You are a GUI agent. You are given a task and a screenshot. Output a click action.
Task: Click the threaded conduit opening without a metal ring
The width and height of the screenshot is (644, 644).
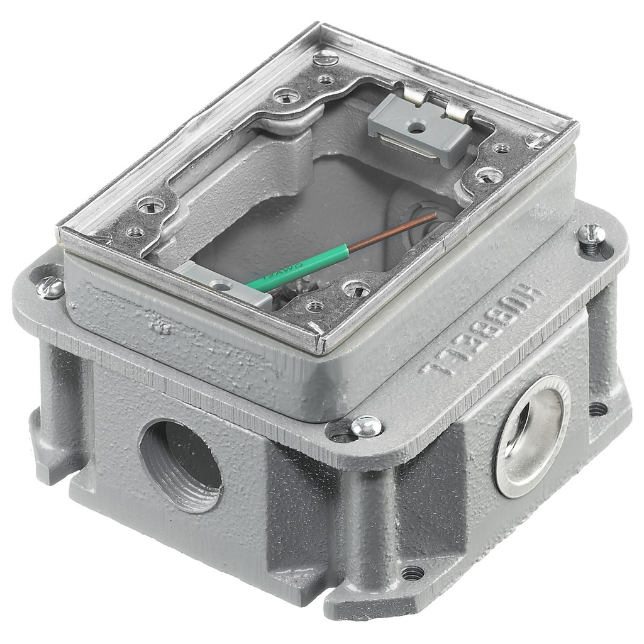[180, 465]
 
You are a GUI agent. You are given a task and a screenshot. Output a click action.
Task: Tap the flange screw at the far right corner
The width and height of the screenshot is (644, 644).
[592, 235]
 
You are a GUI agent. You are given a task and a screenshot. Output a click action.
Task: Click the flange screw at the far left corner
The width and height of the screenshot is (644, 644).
[50, 287]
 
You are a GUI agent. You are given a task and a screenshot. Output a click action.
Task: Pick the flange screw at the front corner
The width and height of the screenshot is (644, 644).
[366, 427]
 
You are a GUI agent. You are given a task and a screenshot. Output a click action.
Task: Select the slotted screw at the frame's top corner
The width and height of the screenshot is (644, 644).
[325, 59]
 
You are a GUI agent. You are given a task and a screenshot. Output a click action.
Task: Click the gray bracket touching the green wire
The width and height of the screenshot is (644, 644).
[221, 284]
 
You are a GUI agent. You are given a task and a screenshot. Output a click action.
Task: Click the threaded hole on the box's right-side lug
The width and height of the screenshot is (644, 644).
[597, 409]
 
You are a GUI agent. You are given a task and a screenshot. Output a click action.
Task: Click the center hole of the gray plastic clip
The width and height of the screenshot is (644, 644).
[415, 128]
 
